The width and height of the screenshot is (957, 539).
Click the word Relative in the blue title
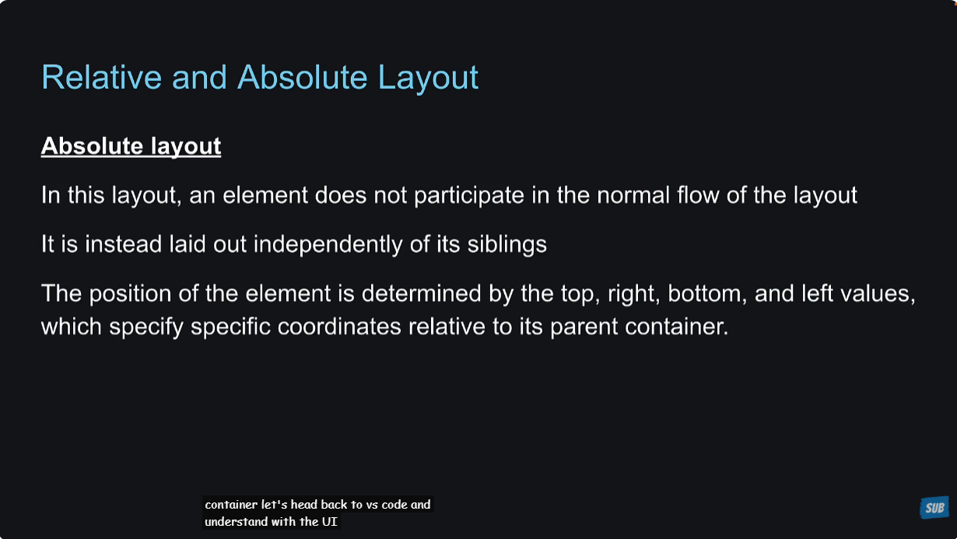pyautogui.click(x=102, y=77)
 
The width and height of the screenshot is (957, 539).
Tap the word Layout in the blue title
pyautogui.click(x=428, y=78)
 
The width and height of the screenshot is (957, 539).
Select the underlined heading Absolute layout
pyautogui.click(x=131, y=146)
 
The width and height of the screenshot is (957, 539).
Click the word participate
pyautogui.click(x=469, y=196)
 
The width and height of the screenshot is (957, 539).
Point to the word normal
pyautogui.click(x=633, y=195)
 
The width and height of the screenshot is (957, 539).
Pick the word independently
pyautogui.click(x=328, y=245)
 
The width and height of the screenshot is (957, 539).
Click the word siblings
pyautogui.click(x=507, y=245)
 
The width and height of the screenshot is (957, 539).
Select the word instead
pyautogui.click(x=124, y=244)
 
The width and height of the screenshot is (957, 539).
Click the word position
pyautogui.click(x=130, y=294)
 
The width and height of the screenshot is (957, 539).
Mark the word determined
pyautogui.click(x=421, y=293)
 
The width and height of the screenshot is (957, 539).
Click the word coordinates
pyautogui.click(x=339, y=327)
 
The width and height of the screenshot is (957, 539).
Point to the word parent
pyautogui.click(x=584, y=327)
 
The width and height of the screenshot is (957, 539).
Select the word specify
pyautogui.click(x=146, y=327)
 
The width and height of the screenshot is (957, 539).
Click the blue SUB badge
pyautogui.click(x=934, y=507)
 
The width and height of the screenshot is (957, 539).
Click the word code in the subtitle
pyautogui.click(x=394, y=505)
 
